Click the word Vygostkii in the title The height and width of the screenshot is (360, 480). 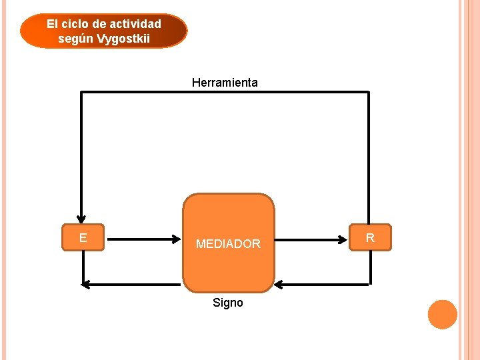(123, 39)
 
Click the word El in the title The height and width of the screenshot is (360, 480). (53, 24)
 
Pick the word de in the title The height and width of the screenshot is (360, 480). (99, 24)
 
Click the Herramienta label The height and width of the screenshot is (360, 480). (225, 83)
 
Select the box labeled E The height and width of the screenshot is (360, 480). (83, 237)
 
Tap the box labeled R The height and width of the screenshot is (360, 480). (371, 237)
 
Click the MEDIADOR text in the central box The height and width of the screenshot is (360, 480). (228, 244)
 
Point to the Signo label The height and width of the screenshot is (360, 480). (228, 303)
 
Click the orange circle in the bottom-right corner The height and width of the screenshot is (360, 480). (442, 315)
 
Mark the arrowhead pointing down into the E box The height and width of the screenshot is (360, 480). (81, 217)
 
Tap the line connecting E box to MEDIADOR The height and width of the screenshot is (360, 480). (143, 237)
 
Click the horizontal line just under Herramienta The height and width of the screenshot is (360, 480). (225, 92)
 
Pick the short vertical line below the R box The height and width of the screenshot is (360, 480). (369, 268)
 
